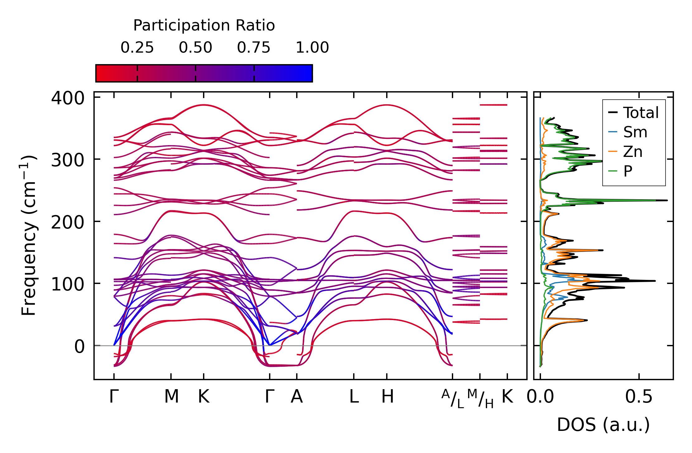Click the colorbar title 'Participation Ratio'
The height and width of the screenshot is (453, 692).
204,26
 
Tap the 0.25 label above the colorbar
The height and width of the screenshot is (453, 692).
137,48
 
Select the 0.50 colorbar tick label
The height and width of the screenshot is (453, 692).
195,48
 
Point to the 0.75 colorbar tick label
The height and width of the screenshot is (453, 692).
254,48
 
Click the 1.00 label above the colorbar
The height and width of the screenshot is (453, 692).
312,48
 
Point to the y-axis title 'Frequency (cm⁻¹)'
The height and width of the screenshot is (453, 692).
29,235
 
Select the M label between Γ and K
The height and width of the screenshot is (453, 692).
171,397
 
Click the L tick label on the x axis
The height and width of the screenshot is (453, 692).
354,397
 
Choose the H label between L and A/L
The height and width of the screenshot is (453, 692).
387,397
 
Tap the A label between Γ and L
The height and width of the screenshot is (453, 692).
296,397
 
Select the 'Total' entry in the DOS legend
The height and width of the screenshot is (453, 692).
641,113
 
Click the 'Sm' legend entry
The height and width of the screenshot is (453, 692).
635,132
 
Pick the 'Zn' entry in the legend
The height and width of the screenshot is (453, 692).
633,152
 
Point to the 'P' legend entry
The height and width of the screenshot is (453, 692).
628,171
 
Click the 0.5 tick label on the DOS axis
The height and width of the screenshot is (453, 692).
638,397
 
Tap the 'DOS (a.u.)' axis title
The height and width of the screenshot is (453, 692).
603,425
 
